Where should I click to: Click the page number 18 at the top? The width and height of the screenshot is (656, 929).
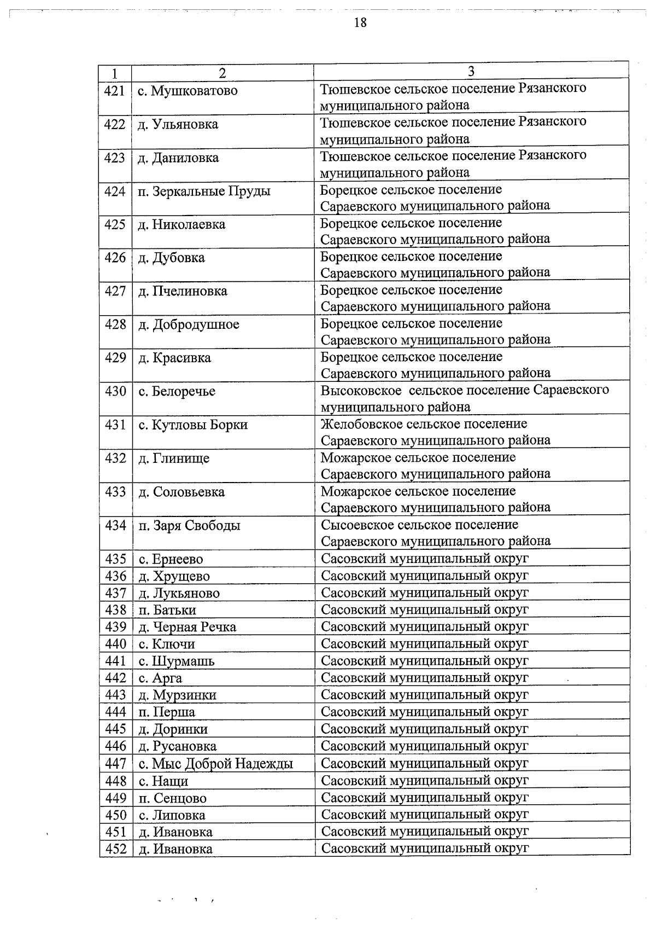(x=360, y=22)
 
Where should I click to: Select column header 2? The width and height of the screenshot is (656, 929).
(x=222, y=73)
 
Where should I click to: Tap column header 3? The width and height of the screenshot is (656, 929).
(x=471, y=72)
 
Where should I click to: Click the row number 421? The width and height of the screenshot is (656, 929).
(x=115, y=91)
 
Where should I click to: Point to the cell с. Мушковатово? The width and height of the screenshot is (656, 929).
(x=188, y=91)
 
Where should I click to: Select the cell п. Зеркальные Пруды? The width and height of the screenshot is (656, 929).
(x=204, y=191)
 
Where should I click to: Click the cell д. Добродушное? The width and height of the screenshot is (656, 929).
(x=189, y=324)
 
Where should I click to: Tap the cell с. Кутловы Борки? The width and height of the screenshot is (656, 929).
(x=193, y=425)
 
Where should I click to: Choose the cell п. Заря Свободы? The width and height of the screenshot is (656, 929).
(x=189, y=526)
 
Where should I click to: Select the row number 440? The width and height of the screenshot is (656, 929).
(x=115, y=644)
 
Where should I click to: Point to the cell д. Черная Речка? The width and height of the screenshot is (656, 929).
(x=187, y=627)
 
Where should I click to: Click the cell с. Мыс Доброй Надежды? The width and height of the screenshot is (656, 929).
(x=215, y=763)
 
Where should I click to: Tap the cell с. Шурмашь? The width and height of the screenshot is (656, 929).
(x=176, y=661)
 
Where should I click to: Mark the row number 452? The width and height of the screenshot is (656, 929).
(x=115, y=849)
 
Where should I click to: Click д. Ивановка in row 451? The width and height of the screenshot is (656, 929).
(x=175, y=832)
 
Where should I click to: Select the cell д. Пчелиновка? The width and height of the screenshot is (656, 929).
(x=183, y=291)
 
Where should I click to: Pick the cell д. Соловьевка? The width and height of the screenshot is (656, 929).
(x=181, y=492)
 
